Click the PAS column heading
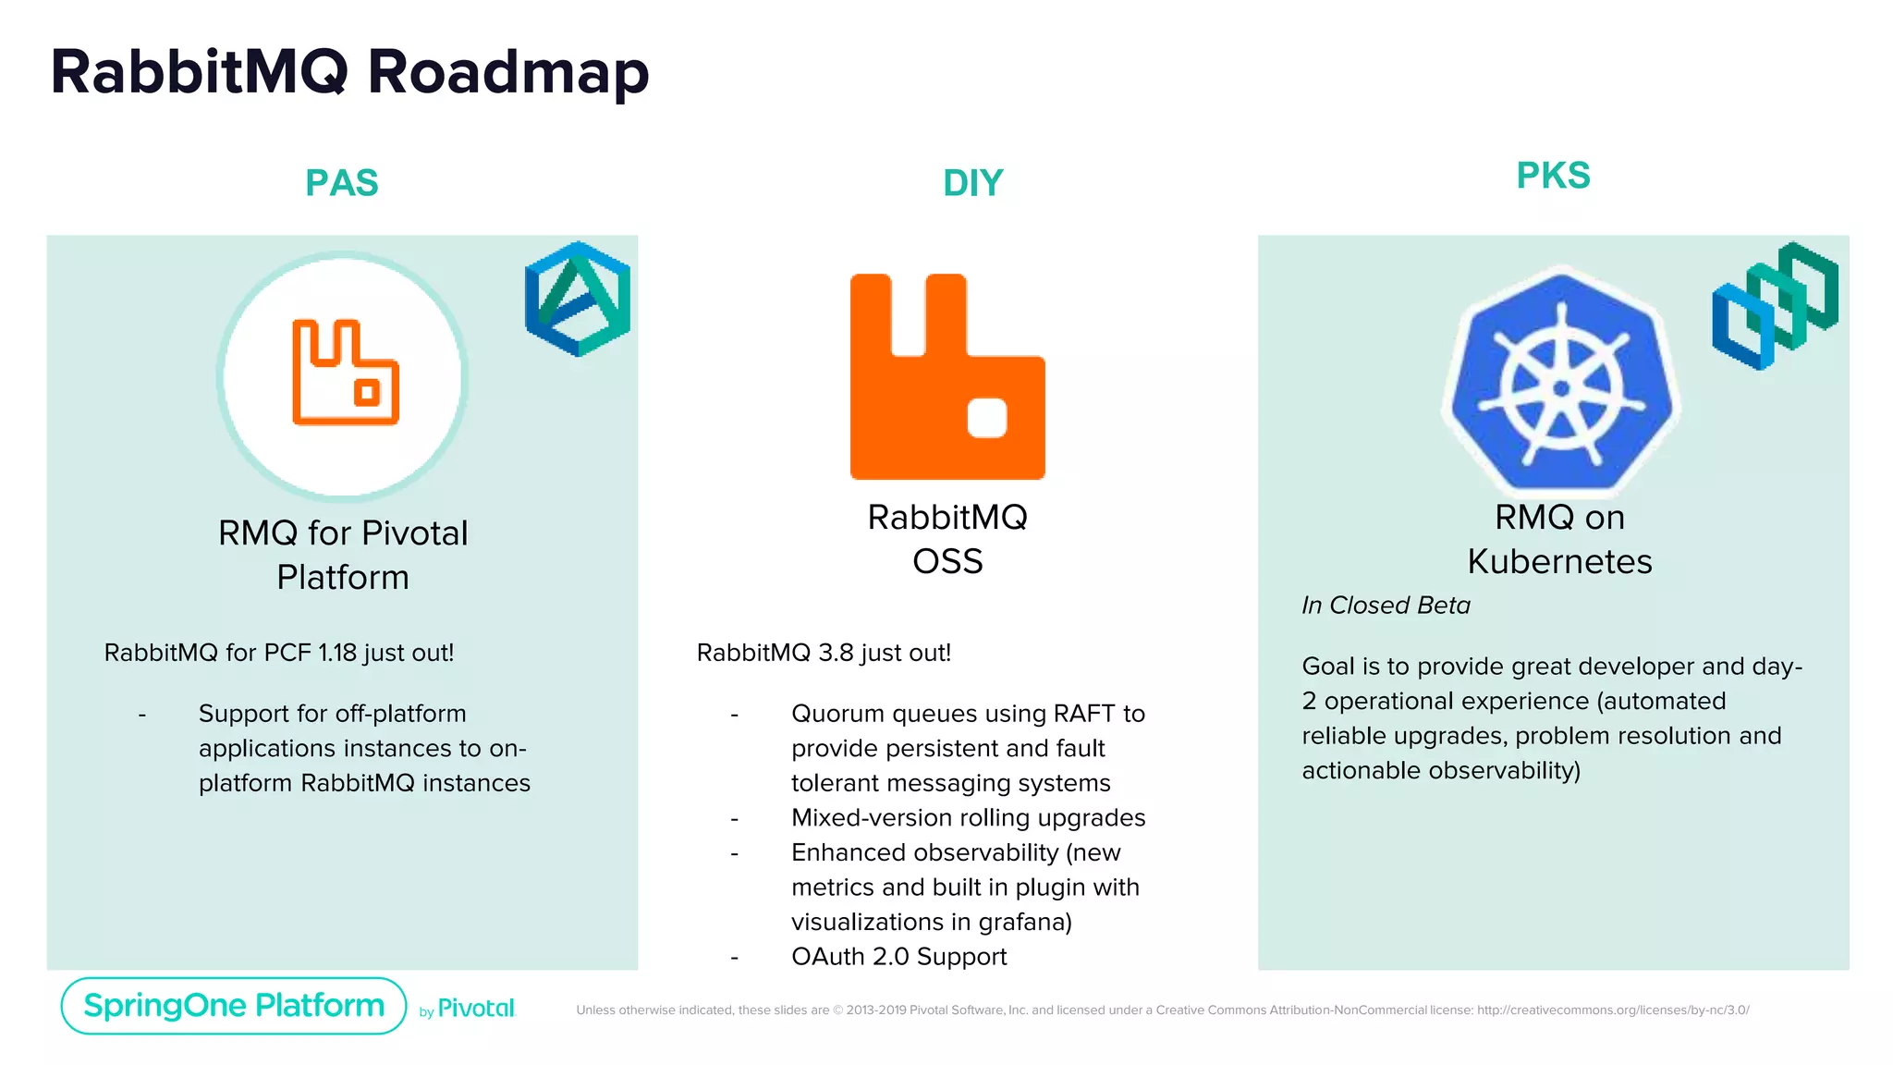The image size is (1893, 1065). click(x=341, y=182)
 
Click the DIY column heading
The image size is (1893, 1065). click(x=972, y=183)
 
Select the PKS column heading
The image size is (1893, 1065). click(x=1553, y=176)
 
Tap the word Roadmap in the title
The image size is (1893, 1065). click(x=508, y=72)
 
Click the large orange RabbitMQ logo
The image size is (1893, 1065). click(x=947, y=377)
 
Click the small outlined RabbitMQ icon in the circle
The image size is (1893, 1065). click(x=345, y=373)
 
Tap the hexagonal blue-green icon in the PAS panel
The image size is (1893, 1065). click(x=578, y=299)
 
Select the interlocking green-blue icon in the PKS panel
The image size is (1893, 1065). click(x=1775, y=305)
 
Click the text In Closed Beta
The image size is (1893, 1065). click(x=1386, y=606)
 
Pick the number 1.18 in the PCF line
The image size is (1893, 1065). click(x=337, y=653)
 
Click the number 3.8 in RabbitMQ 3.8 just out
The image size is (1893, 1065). click(x=836, y=653)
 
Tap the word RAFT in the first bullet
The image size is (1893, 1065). click(x=1083, y=714)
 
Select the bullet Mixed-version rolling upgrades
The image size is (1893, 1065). click(x=968, y=818)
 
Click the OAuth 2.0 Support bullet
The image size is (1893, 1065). click(x=898, y=957)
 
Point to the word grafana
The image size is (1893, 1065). click(x=1021, y=922)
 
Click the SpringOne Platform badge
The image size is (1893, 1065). click(x=234, y=1006)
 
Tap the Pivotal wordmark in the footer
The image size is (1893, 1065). click(x=475, y=1009)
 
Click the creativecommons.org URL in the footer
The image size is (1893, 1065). click(x=1612, y=1010)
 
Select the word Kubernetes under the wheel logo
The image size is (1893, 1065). click(x=1559, y=562)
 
